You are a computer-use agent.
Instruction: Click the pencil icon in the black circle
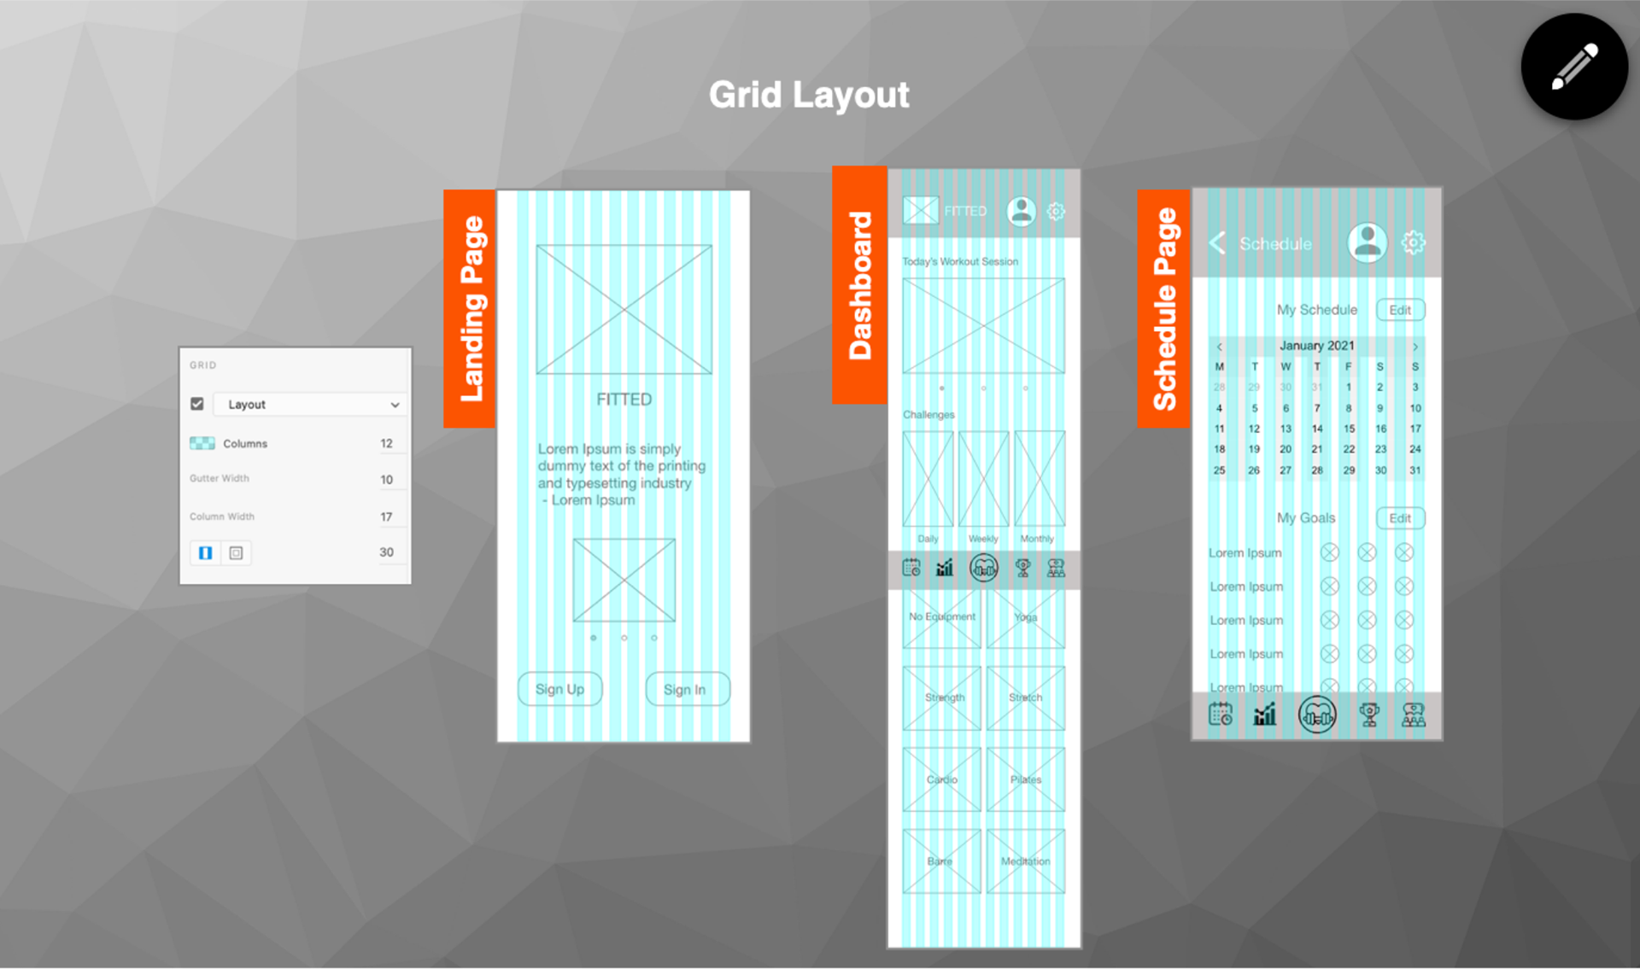1574,67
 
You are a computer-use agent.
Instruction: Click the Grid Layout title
809,95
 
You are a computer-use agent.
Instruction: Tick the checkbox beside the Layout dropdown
197,404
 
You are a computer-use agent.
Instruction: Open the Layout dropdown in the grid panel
307,405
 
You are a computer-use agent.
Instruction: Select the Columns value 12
386,443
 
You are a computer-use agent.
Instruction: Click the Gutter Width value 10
386,479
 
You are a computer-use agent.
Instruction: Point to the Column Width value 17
386,517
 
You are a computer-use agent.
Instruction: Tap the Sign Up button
559,689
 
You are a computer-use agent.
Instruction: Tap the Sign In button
687,689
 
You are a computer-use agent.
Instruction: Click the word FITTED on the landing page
624,400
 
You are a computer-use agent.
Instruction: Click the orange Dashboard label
859,285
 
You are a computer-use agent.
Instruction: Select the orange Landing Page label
470,308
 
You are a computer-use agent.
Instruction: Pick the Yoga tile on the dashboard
1026,618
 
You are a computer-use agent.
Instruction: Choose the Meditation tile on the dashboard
1026,861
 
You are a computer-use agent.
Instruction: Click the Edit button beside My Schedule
1400,310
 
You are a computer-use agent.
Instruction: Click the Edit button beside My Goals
1400,518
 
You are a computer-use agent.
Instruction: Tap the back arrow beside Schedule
1218,243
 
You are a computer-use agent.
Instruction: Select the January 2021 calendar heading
1316,346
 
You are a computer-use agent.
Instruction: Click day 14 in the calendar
1317,429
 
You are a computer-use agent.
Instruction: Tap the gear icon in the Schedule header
1414,242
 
